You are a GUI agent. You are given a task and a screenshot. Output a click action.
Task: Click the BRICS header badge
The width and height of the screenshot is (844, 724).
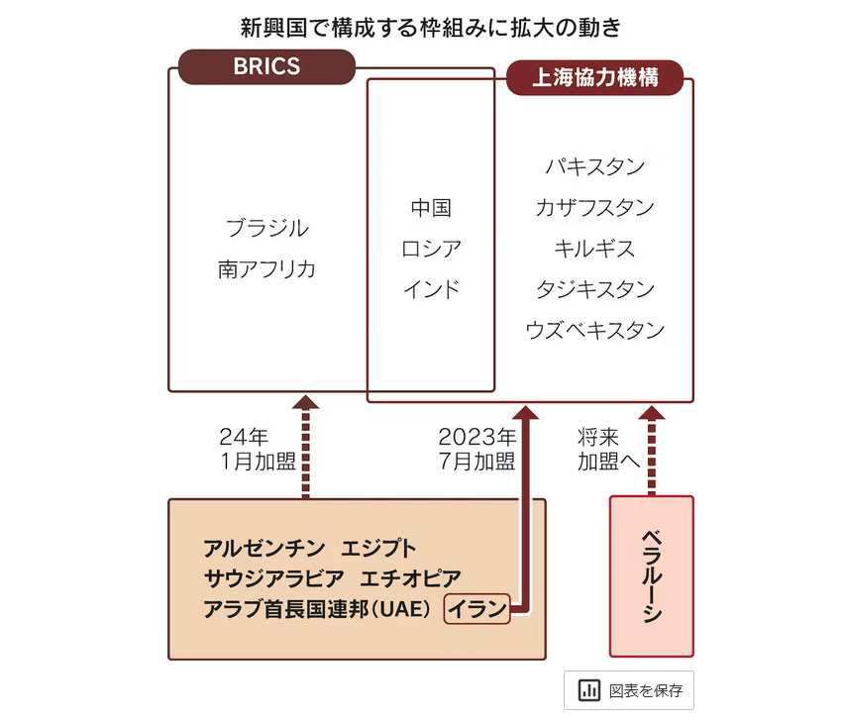(265, 67)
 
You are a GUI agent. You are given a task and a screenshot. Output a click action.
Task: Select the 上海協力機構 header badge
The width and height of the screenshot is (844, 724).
(595, 78)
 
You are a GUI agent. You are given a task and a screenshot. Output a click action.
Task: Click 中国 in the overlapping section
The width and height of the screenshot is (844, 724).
(431, 208)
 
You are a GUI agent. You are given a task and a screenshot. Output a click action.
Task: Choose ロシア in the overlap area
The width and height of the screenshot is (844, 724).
(431, 249)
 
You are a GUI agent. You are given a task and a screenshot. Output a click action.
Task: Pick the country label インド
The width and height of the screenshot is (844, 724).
(431, 289)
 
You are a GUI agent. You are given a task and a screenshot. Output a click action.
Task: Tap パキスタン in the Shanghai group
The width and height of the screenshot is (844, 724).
(594, 166)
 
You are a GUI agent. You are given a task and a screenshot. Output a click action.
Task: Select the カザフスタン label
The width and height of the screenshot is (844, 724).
(594, 208)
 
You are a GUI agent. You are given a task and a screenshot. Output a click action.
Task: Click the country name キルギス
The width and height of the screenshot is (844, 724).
(594, 249)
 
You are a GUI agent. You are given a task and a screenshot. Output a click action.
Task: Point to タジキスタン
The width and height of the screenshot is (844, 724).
(594, 289)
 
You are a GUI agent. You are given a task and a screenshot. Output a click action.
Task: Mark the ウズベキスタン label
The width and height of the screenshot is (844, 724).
(594, 331)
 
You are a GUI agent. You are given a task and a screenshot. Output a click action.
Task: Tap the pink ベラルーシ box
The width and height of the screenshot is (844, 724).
(651, 575)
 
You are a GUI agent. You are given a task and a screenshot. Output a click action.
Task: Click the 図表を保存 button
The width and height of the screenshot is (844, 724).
(629, 690)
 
